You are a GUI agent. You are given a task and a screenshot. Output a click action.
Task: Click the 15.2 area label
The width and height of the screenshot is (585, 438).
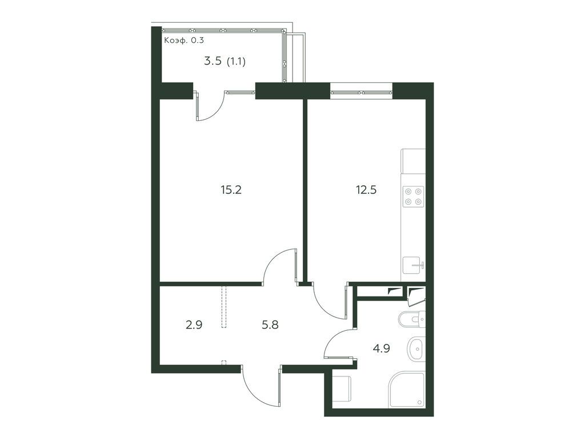pos(231,190)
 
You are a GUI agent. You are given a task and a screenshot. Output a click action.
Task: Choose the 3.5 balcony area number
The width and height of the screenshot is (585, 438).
pos(213,61)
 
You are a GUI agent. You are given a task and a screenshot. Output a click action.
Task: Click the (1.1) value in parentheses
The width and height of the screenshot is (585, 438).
pos(236,61)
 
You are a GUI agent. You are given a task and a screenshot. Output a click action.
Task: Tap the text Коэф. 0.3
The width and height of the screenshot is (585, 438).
pos(183,40)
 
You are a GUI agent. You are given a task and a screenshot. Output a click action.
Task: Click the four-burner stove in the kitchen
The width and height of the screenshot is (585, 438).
pos(413,196)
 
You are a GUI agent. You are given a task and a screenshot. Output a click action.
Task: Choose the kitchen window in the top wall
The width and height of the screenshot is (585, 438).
pos(361,91)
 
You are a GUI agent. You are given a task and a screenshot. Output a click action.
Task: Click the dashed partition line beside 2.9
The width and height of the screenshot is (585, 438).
pos(225,308)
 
